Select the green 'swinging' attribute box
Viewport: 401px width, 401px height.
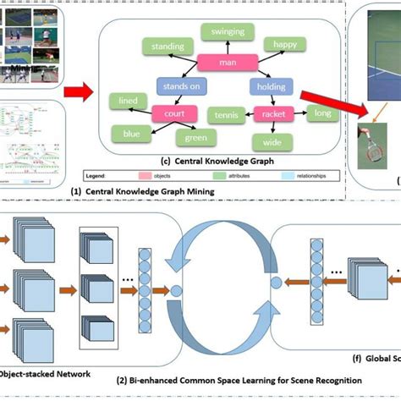point(223,32)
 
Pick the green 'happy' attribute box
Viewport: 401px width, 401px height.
point(280,46)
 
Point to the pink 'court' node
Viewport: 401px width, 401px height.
point(175,112)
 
